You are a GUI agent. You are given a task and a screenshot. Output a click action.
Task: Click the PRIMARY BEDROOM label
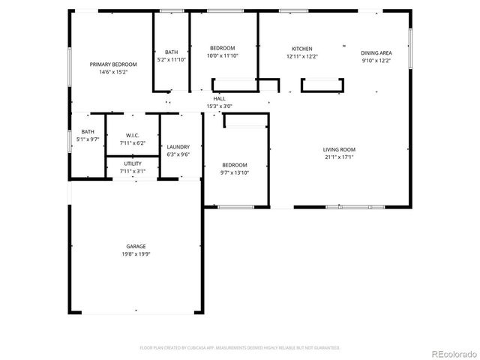pyautogui.click(x=108, y=64)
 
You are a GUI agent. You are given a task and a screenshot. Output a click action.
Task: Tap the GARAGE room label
pyautogui.click(x=136, y=246)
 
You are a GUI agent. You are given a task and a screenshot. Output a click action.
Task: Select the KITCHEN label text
pyautogui.click(x=302, y=49)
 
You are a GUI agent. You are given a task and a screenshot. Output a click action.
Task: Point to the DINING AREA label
pyautogui.click(x=376, y=53)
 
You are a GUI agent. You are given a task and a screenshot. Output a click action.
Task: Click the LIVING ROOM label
pyautogui.click(x=339, y=149)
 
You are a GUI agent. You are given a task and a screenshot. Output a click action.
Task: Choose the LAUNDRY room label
pyautogui.click(x=178, y=147)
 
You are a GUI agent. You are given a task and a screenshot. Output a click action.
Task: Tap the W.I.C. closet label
pyautogui.click(x=132, y=135)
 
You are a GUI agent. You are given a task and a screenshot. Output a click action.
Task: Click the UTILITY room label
pyautogui.click(x=132, y=163)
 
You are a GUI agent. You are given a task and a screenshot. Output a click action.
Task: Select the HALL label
pyautogui.click(x=219, y=98)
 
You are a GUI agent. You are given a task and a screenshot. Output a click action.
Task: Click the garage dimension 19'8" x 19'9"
pyautogui.click(x=136, y=254)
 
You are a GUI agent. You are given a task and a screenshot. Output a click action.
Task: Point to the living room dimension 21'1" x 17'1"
pyautogui.click(x=339, y=157)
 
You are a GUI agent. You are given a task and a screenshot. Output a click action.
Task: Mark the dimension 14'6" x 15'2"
pyautogui.click(x=108, y=73)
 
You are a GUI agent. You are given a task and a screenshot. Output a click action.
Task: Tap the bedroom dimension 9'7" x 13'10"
pyautogui.click(x=234, y=173)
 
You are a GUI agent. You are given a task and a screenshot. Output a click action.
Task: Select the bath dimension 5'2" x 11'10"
pyautogui.click(x=171, y=59)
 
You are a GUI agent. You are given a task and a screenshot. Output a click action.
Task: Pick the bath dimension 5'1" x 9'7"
pyautogui.click(x=88, y=139)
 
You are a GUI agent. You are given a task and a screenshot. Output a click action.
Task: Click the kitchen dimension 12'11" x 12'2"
pyautogui.click(x=302, y=57)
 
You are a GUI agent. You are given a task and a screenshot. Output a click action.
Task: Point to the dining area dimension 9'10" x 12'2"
pyautogui.click(x=376, y=61)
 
